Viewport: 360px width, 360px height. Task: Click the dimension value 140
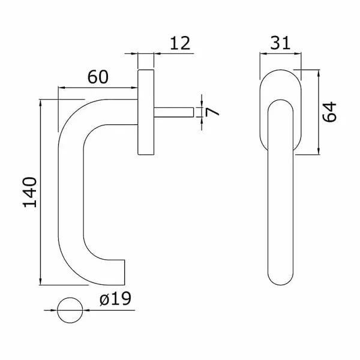tap(30, 192)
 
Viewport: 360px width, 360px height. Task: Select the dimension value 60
tap(98, 77)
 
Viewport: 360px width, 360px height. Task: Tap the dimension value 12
tap(180, 43)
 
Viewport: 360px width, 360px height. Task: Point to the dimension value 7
tap(212, 112)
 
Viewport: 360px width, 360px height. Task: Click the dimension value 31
tap(280, 43)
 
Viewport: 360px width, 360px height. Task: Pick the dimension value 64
tap(329, 112)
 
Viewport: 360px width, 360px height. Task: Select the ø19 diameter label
tap(115, 299)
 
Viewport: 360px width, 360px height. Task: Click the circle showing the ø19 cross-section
tap(70, 310)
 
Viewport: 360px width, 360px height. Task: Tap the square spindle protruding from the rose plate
tap(174, 112)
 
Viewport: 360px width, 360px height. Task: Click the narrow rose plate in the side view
tap(146, 112)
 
